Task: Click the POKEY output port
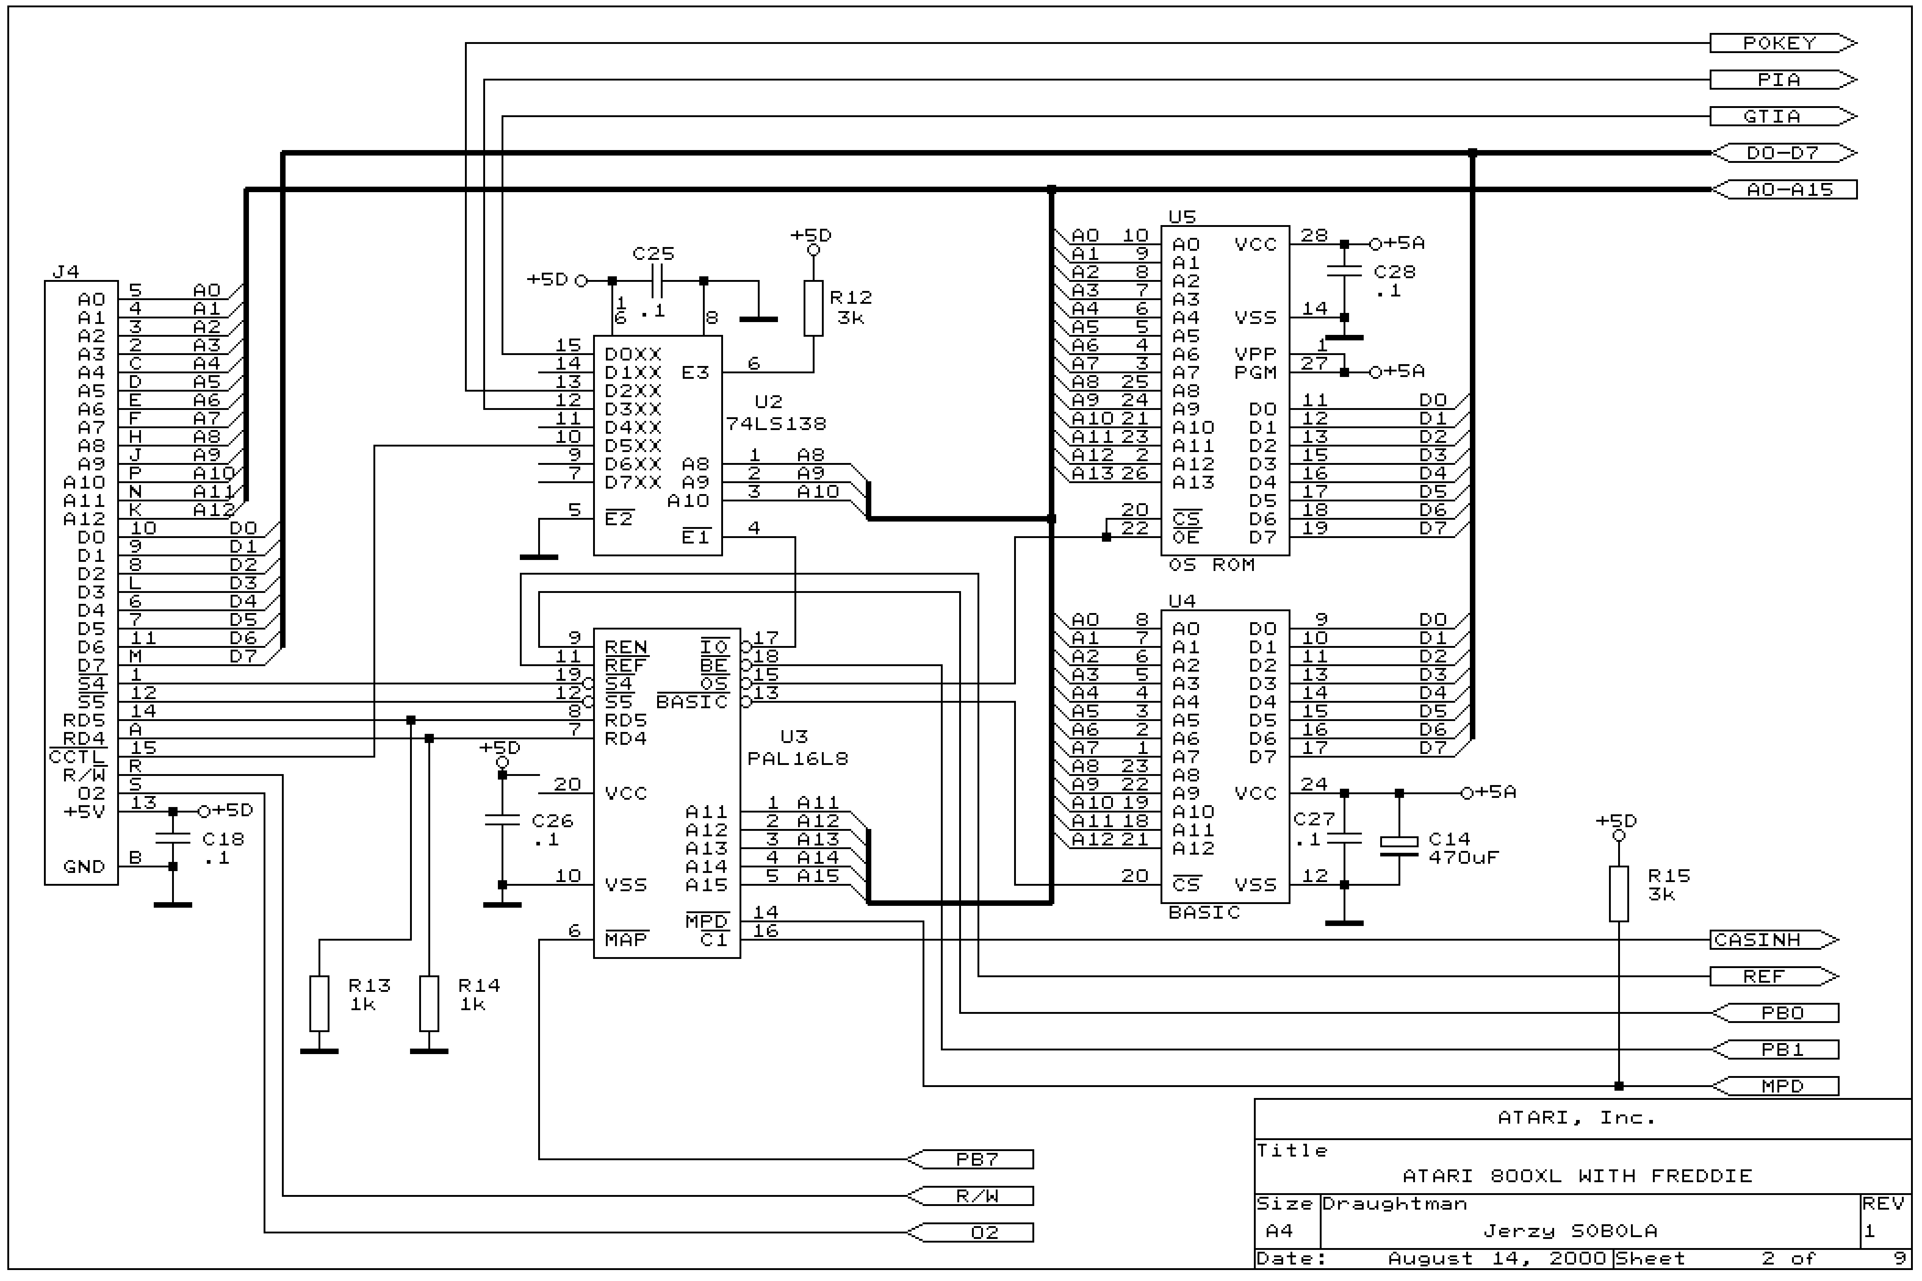click(1782, 43)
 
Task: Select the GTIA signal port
click(1782, 117)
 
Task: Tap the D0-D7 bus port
click(1782, 153)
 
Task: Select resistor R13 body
click(319, 1003)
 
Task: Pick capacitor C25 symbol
click(658, 281)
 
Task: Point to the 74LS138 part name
click(776, 424)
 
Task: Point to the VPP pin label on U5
click(1255, 354)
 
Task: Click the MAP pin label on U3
click(626, 940)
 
